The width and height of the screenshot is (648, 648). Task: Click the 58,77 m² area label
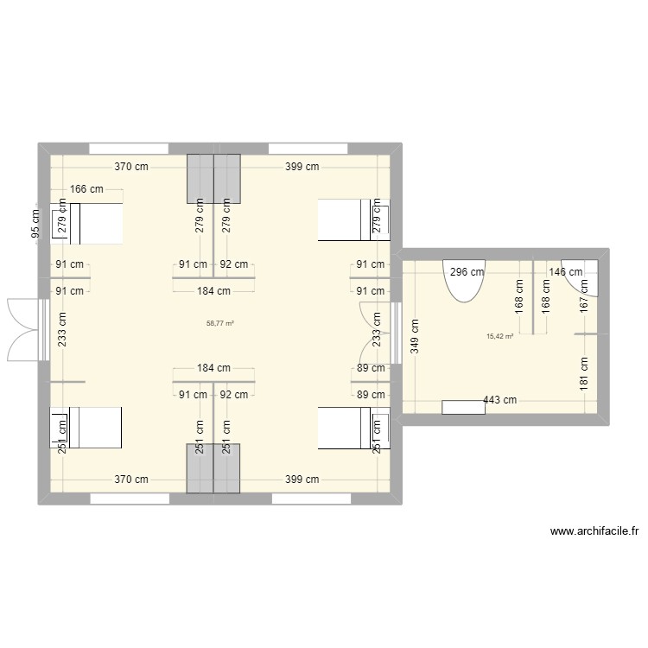[x=220, y=323]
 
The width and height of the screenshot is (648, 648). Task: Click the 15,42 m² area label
[x=500, y=337]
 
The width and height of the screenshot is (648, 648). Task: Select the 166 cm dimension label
[x=86, y=189]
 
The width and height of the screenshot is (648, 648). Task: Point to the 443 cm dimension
[x=499, y=399]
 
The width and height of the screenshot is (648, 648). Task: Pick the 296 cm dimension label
[x=468, y=271]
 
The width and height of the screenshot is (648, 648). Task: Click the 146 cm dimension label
[x=567, y=271]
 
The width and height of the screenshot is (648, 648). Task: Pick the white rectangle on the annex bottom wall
[x=462, y=407]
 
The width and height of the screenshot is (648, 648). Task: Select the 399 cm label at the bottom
[x=302, y=480]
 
